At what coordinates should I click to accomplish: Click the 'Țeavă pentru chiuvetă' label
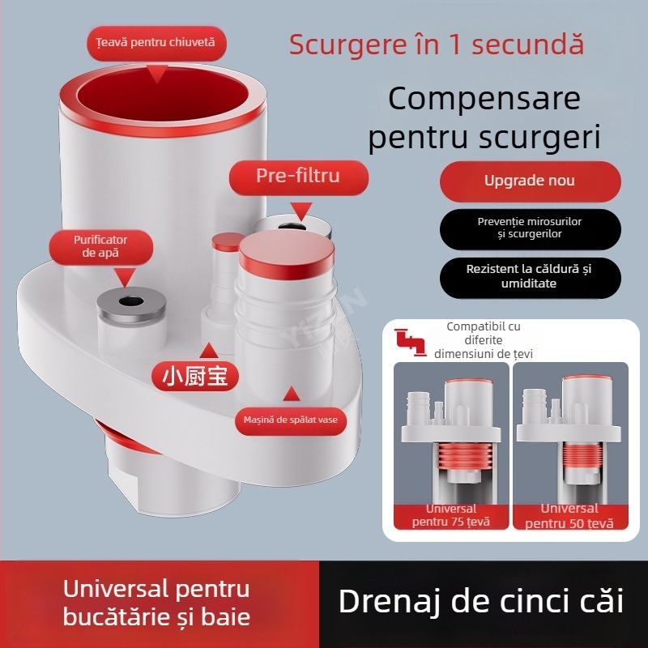155,42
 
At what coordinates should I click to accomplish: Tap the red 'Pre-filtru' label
297,176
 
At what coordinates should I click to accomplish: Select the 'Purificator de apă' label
100,246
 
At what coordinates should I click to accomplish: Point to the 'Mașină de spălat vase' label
290,420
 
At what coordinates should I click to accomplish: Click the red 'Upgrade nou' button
530,181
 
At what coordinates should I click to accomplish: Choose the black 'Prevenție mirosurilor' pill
530,228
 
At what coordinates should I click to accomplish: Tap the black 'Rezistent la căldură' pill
530,276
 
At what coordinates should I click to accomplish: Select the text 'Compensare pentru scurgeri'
484,117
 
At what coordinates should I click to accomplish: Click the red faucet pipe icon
410,340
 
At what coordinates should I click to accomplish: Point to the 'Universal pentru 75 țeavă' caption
451,515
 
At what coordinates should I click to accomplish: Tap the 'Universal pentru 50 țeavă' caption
569,515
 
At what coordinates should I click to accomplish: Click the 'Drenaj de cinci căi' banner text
480,602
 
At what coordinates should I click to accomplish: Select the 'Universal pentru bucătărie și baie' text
156,602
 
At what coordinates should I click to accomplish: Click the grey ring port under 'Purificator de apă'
130,303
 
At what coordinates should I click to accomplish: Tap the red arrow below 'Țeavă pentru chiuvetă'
156,73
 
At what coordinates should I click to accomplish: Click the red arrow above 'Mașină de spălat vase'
289,395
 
